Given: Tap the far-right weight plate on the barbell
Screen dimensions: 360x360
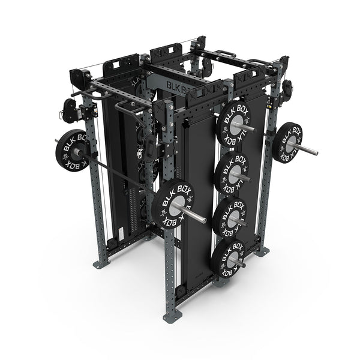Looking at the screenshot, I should tap(287, 142).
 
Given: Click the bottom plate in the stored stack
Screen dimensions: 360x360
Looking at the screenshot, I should tap(228, 258).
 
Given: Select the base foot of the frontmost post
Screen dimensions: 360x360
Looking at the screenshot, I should tap(171, 318).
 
